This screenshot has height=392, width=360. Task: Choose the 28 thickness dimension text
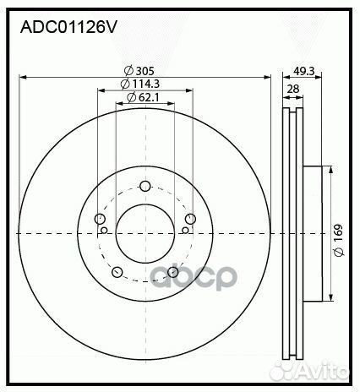click(x=292, y=89)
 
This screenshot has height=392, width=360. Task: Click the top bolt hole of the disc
click(x=145, y=187)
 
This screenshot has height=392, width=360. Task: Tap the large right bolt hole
click(x=191, y=220)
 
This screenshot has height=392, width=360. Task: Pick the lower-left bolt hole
click(x=117, y=272)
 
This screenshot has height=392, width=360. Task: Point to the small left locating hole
click(x=104, y=229)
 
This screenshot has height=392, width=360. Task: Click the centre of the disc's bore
click(x=145, y=232)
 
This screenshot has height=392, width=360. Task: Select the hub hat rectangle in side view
click(x=313, y=232)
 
